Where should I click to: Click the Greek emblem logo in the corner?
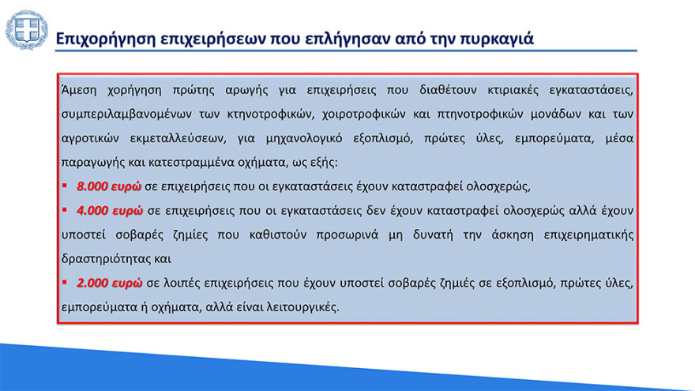click(x=27, y=30)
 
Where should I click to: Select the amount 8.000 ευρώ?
click(x=109, y=187)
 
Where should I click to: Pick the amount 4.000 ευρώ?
click(x=109, y=211)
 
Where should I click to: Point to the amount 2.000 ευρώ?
click(x=109, y=282)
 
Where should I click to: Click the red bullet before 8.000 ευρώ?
click(x=66, y=187)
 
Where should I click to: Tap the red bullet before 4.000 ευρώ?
click(x=66, y=211)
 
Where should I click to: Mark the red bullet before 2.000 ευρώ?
click(x=66, y=282)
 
